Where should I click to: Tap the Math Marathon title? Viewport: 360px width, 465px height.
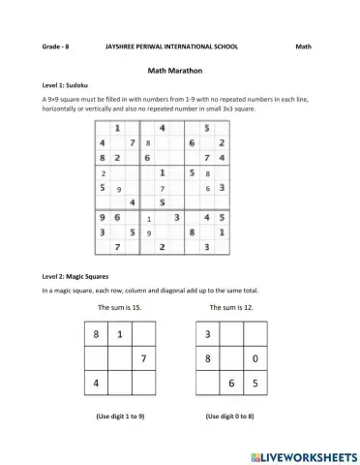tap(179, 70)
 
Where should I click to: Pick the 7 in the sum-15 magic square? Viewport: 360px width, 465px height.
tap(142, 359)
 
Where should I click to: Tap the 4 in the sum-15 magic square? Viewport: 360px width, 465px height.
tap(95, 384)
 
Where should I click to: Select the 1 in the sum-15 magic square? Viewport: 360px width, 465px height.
tap(119, 335)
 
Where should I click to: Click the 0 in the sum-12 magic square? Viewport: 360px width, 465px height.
tap(254, 359)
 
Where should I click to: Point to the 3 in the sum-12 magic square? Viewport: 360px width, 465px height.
tap(206, 335)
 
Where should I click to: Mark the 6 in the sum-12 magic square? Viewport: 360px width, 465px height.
tap(230, 384)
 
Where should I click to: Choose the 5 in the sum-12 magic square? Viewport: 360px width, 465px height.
tap(254, 384)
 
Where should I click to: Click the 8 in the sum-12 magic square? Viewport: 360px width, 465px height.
tap(206, 359)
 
